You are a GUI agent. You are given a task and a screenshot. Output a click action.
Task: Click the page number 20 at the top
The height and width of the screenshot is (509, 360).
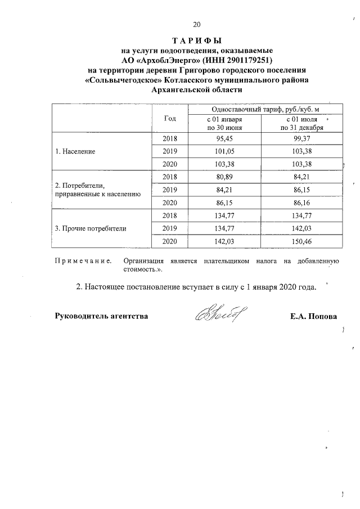pyautogui.click(x=196, y=24)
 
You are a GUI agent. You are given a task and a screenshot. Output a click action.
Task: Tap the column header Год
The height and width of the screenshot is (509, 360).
pyautogui.click(x=170, y=118)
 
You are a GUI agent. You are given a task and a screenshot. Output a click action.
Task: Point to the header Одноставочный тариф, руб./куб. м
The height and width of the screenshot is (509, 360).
pyautogui.click(x=264, y=109)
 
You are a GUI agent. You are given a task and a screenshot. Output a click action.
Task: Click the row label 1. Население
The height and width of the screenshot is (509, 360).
pyautogui.click(x=75, y=152)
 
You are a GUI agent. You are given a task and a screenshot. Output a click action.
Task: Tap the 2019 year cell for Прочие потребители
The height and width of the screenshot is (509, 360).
pyautogui.click(x=169, y=228)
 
